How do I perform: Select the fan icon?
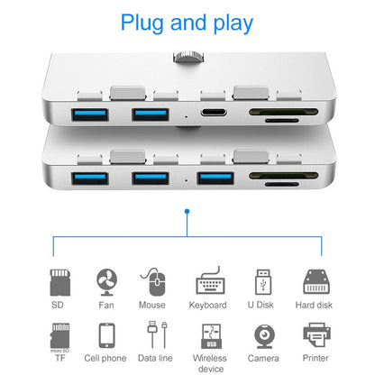tap(108, 283)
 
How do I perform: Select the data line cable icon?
tap(154, 334)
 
